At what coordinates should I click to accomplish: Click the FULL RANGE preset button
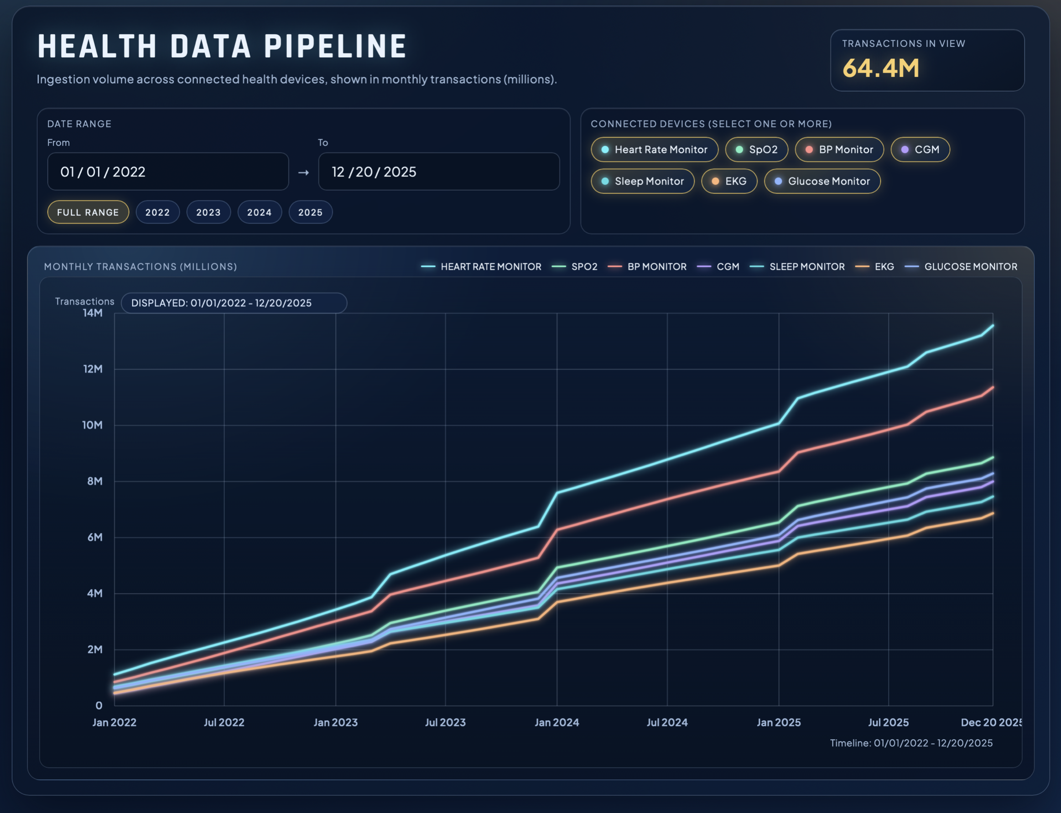tap(88, 212)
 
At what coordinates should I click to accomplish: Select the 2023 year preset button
tap(208, 212)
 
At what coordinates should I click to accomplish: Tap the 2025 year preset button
tap(310, 212)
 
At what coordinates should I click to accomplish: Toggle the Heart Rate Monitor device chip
tap(654, 150)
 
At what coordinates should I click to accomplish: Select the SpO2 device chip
tap(756, 150)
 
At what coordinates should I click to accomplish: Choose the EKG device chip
tap(728, 181)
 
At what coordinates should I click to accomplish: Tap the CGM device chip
tap(920, 150)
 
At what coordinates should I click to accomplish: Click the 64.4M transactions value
tap(880, 68)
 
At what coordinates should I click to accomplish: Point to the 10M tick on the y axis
tap(92, 425)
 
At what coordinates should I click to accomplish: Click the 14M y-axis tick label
tap(93, 313)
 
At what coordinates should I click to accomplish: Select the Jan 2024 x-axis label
tap(557, 722)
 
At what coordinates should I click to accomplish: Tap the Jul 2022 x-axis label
tap(224, 722)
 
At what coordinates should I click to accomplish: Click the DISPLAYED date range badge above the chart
tap(234, 303)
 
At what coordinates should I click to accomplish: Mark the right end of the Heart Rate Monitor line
tap(993, 326)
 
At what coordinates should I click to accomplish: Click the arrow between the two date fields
tap(303, 172)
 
